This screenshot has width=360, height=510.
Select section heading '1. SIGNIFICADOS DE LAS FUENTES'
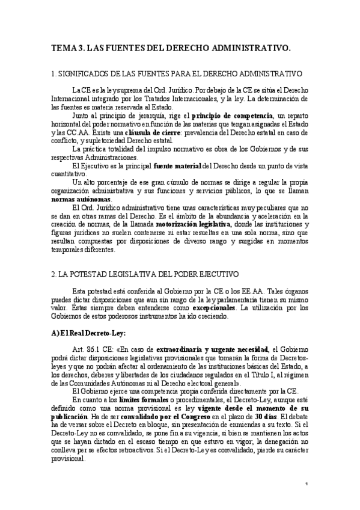tap(176, 74)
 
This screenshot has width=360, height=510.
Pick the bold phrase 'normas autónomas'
tap(81, 198)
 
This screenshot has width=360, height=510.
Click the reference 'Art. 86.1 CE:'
tap(91, 348)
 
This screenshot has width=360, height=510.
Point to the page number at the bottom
tap(306, 484)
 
